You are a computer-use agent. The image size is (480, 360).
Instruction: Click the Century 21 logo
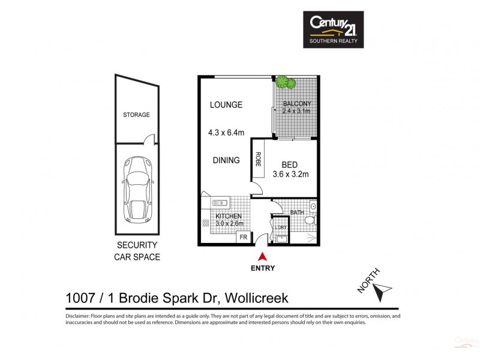pyautogui.click(x=332, y=29)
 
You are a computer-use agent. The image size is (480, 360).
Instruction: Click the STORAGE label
pyautogui.click(x=136, y=115)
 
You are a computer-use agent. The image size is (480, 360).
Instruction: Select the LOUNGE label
pyautogui.click(x=226, y=105)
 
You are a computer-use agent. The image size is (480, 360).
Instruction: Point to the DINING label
pyautogui.click(x=226, y=160)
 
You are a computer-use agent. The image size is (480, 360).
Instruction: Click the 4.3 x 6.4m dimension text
pyautogui.click(x=226, y=133)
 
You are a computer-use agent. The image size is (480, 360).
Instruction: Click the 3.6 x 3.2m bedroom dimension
pyautogui.click(x=291, y=175)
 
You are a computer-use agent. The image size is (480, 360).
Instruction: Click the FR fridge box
pyautogui.click(x=243, y=238)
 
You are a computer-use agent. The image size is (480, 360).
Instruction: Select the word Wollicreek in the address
pyautogui.click(x=260, y=298)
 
